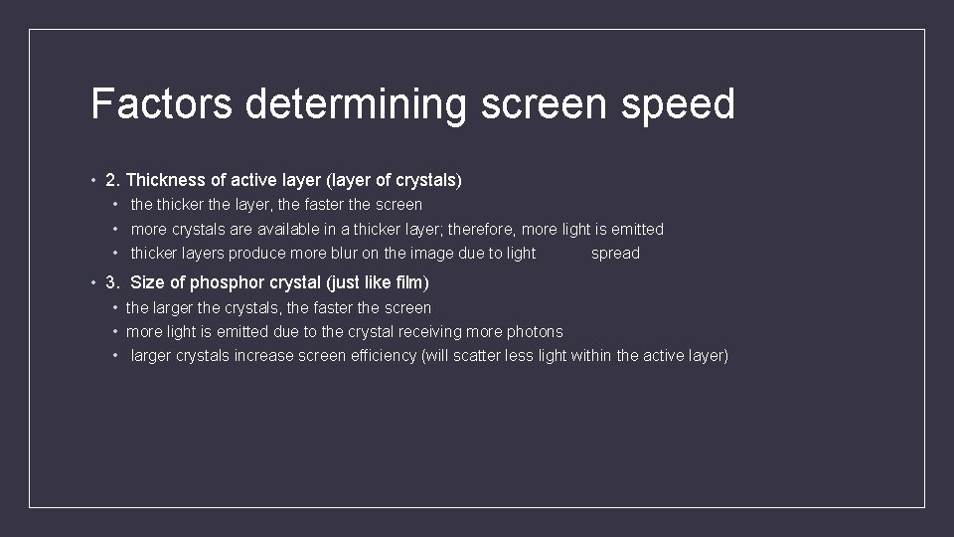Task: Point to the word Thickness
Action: tap(165, 180)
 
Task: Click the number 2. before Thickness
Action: tap(113, 180)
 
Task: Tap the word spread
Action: tap(615, 254)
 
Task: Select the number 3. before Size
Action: tap(113, 283)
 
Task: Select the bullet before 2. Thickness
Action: tap(92, 180)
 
